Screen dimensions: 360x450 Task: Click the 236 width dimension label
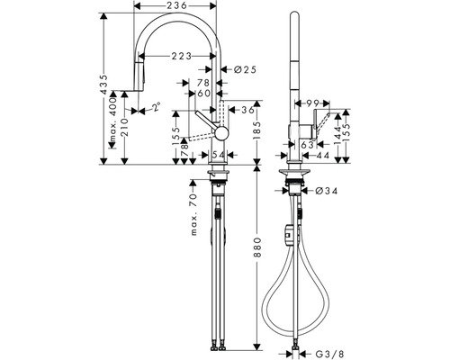click(x=175, y=7)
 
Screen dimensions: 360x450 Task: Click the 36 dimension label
click(x=246, y=111)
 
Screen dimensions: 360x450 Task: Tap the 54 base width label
click(x=218, y=156)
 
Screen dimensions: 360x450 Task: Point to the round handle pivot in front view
click(x=220, y=132)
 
